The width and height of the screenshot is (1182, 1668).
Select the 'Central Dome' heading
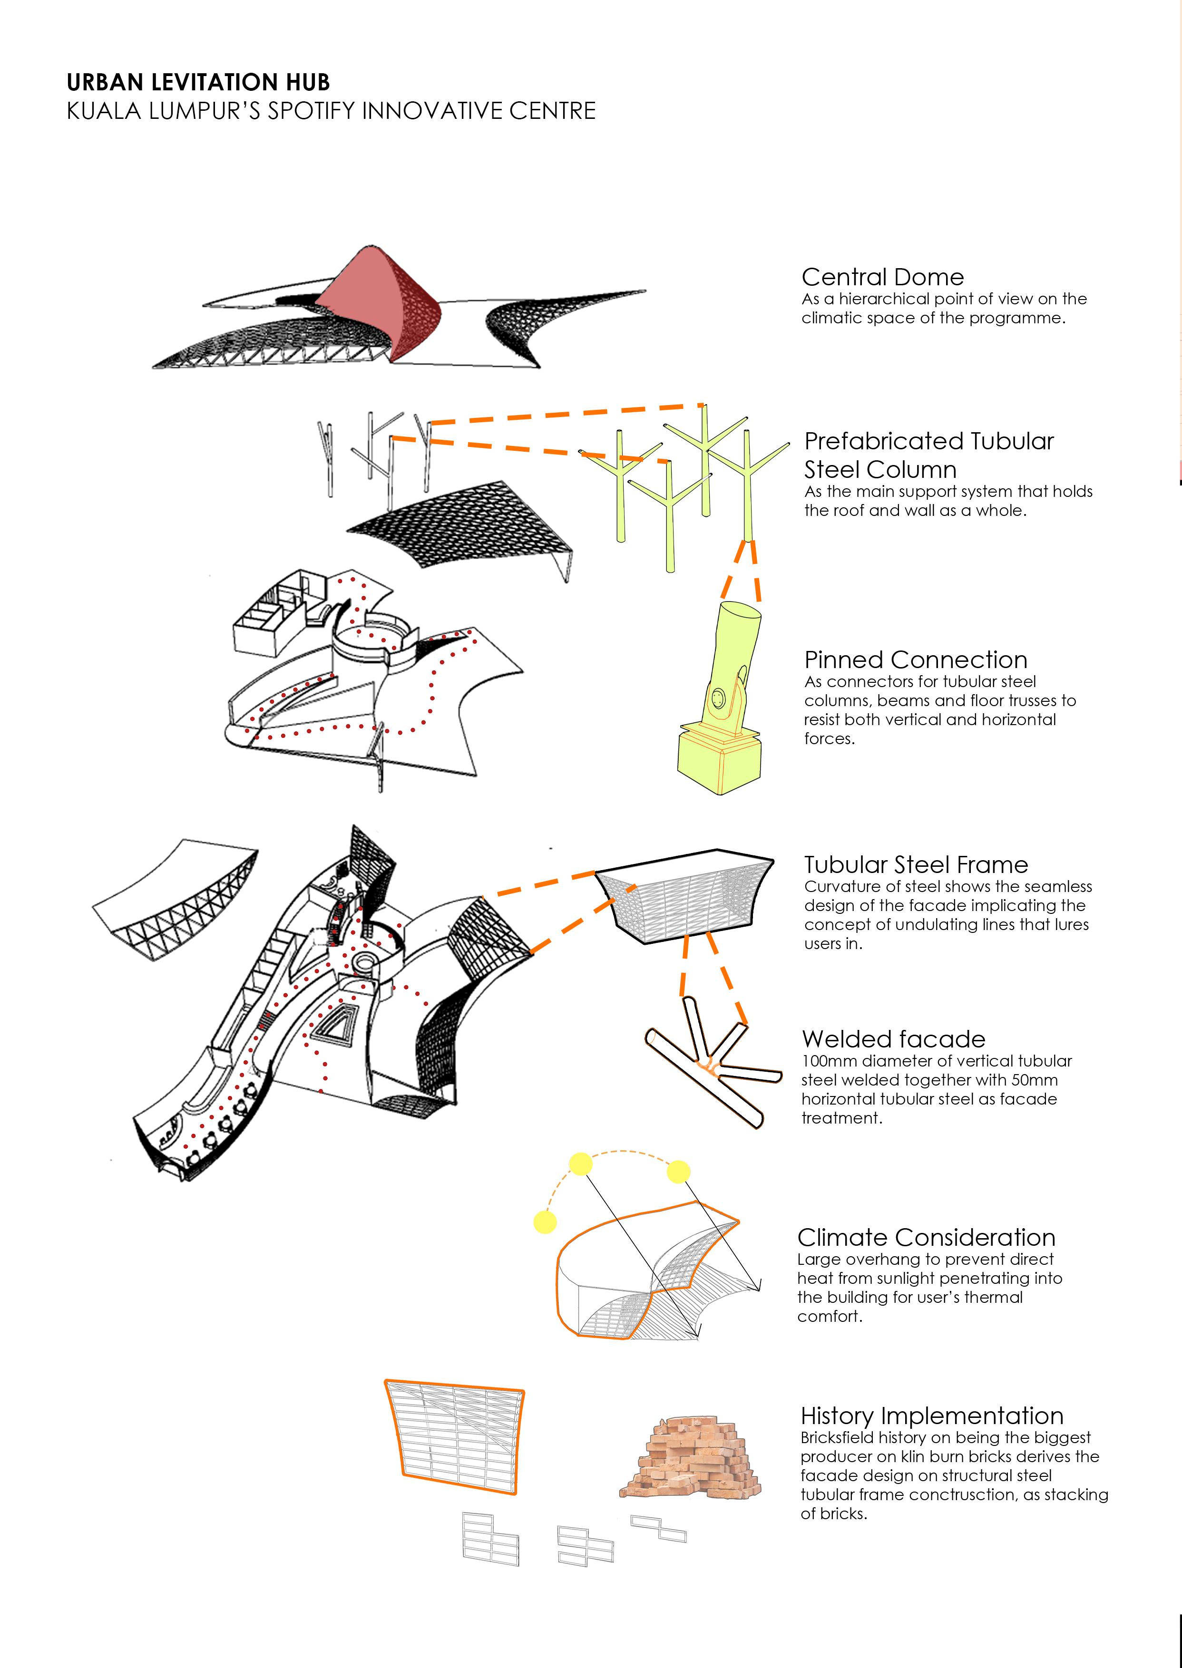point(882,277)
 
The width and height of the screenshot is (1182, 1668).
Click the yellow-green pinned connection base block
point(719,762)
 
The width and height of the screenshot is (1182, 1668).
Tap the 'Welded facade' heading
point(893,1039)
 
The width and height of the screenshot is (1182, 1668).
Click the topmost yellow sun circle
point(580,1164)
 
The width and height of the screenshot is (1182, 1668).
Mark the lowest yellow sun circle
point(545,1222)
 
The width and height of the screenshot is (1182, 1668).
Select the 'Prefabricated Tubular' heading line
point(928,442)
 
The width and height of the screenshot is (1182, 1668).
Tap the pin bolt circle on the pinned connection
point(718,698)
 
